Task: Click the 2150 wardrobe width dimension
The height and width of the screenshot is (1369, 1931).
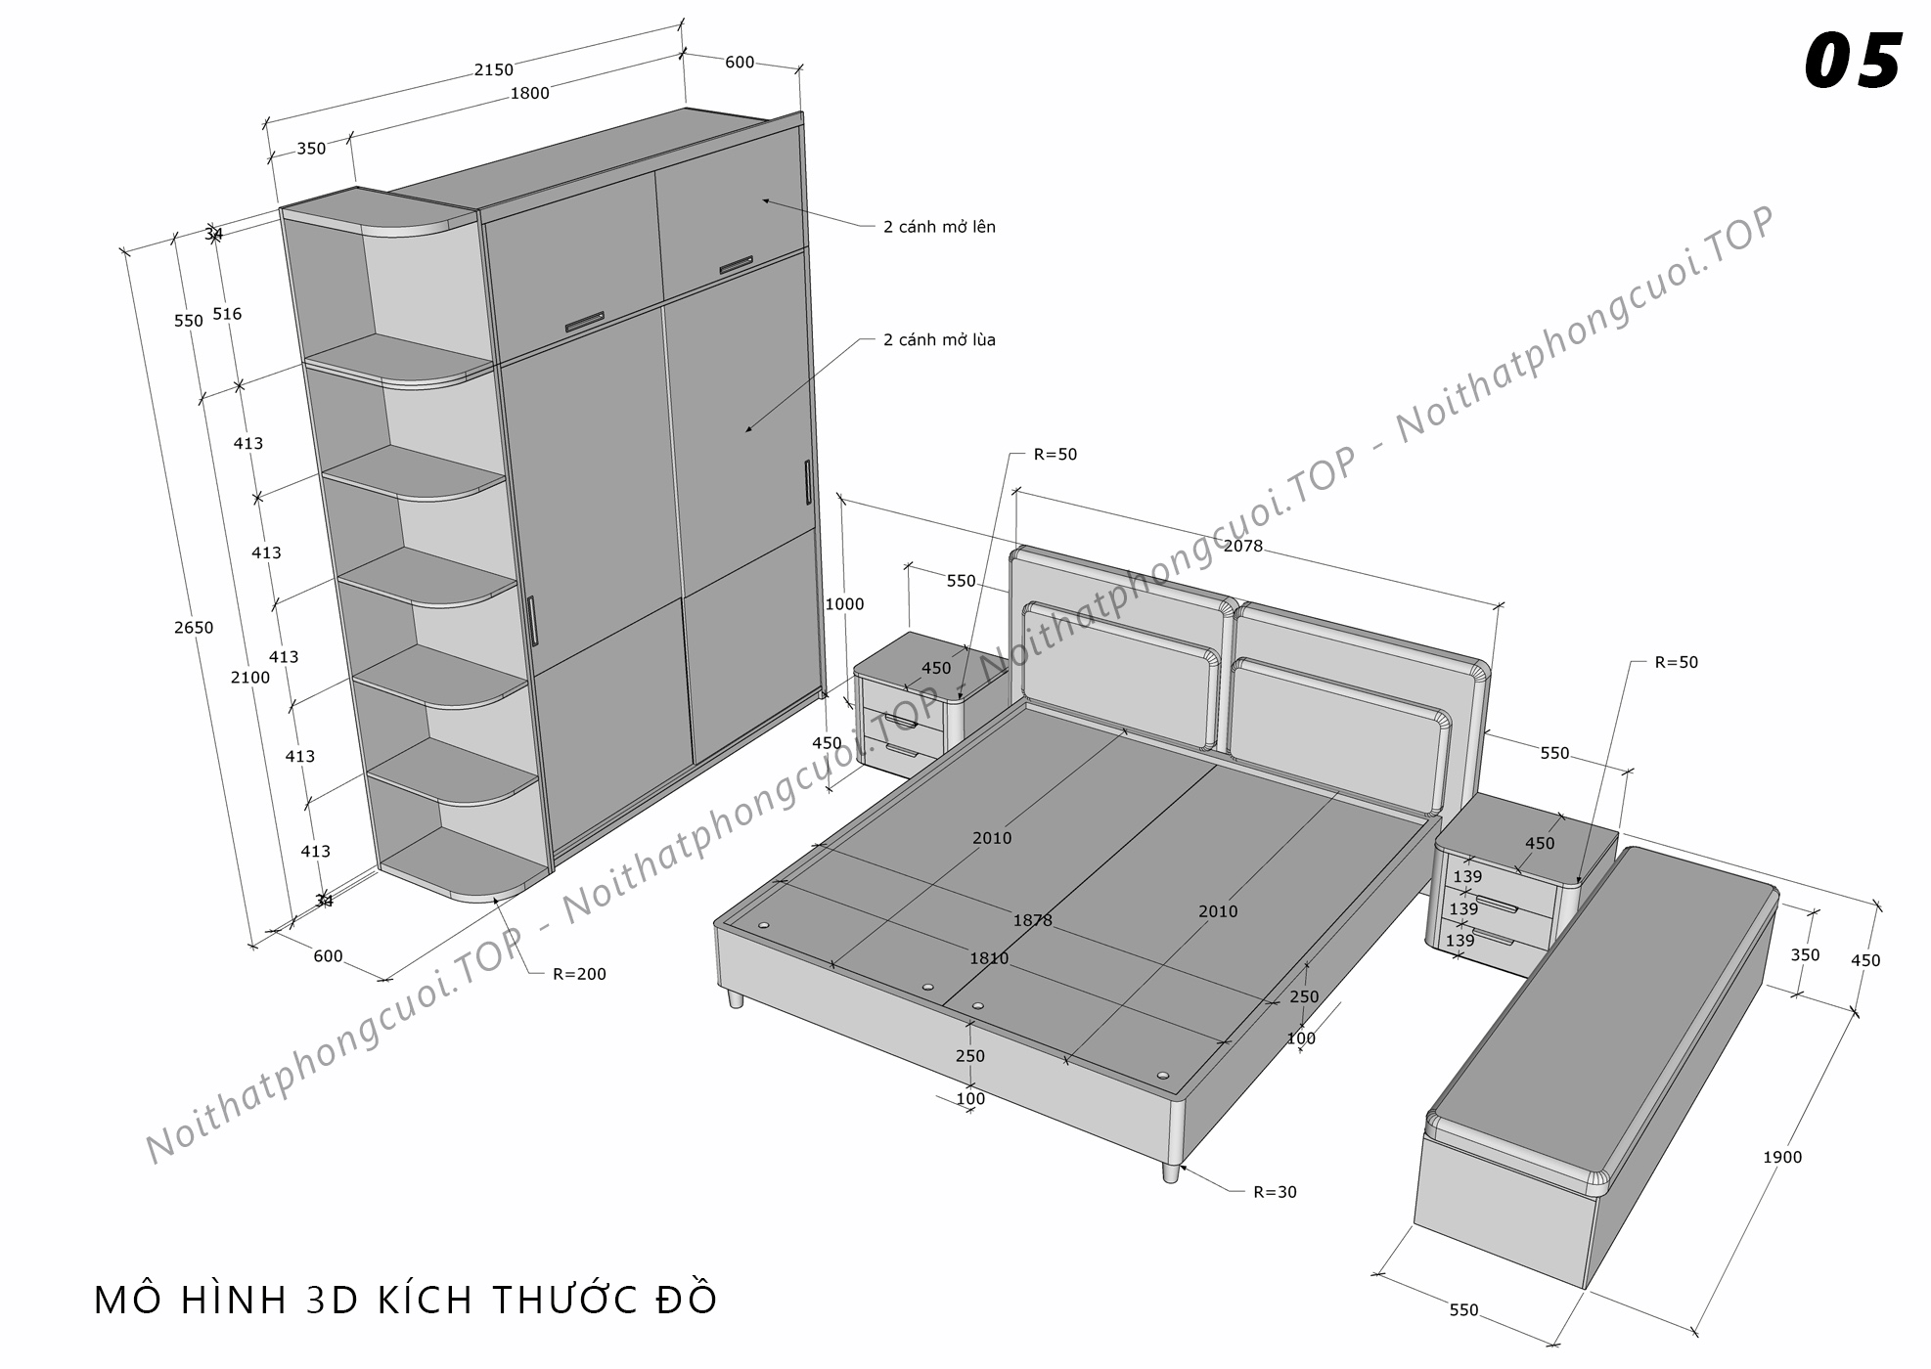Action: click(493, 69)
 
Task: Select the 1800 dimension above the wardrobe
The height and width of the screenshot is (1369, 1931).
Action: click(529, 93)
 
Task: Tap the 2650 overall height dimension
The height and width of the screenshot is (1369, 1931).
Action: click(194, 628)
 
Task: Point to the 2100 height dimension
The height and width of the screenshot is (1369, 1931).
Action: click(250, 677)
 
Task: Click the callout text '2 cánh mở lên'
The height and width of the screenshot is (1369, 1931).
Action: click(939, 227)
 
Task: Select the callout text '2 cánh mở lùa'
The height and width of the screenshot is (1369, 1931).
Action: click(939, 340)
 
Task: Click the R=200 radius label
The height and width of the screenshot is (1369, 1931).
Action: click(579, 974)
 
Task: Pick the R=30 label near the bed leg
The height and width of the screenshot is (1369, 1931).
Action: click(1275, 1192)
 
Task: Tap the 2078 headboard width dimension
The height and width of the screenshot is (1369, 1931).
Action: click(1243, 546)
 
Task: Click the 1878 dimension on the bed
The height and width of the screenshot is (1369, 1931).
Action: click(1032, 920)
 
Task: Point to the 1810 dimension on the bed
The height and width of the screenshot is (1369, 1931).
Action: click(988, 958)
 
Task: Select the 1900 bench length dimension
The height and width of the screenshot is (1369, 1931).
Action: click(1781, 1157)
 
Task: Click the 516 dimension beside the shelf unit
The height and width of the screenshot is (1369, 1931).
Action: click(227, 314)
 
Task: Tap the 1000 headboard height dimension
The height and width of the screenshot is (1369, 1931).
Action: click(844, 604)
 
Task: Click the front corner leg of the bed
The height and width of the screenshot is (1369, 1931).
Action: click(1170, 1171)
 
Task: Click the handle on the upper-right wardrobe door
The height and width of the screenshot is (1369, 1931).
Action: click(735, 265)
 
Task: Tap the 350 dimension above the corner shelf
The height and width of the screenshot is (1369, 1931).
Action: click(311, 149)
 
